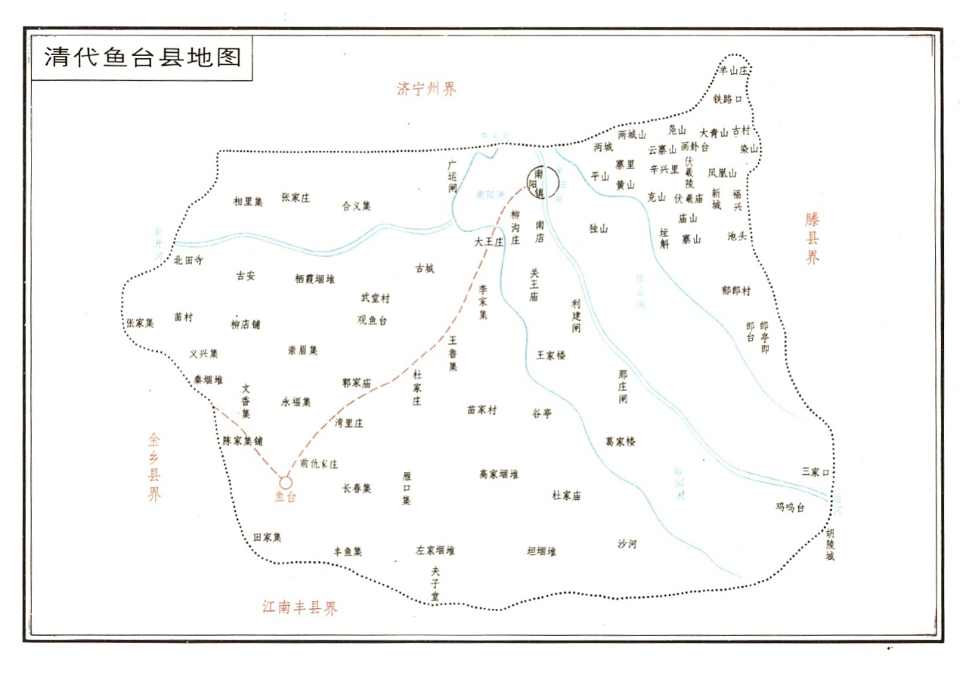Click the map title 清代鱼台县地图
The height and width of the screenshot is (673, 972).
tap(143, 57)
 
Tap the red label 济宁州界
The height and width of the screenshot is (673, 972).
tap(427, 88)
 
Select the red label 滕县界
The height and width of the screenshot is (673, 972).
tap(812, 238)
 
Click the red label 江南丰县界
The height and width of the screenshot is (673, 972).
tap(300, 607)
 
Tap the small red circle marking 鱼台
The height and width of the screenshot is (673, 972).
tap(286, 482)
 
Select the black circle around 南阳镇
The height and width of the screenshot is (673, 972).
tap(542, 181)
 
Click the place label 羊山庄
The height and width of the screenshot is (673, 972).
tap(732, 70)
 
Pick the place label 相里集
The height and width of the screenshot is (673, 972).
tap(248, 201)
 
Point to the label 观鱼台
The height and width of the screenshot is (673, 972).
tap(372, 320)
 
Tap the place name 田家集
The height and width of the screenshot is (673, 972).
tap(267, 538)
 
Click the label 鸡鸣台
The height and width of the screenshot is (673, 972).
tap(790, 507)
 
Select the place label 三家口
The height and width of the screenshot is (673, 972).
tap(816, 472)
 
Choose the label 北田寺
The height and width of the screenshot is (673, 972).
tap(188, 260)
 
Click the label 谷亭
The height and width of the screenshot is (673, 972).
tap(542, 413)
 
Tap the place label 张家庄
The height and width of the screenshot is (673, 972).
tap(296, 198)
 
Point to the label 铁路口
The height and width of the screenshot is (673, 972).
tap(728, 99)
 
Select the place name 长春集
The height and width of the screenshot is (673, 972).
tap(357, 489)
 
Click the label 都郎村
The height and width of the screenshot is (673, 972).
tap(735, 291)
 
